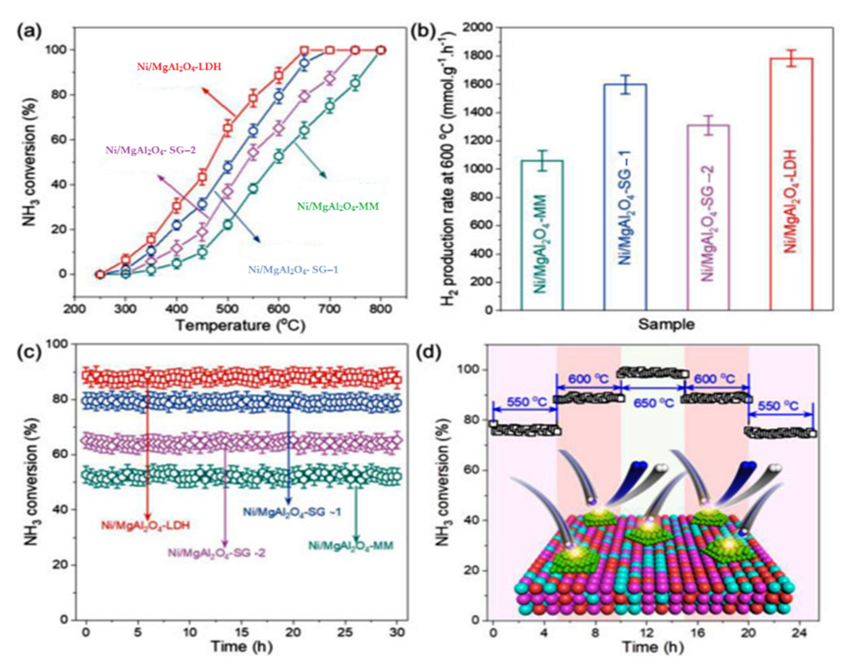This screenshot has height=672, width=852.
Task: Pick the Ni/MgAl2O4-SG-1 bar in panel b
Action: click(626, 197)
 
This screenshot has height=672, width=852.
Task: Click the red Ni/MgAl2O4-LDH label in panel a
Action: click(179, 67)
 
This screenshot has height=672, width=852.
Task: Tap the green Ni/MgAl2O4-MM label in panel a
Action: click(338, 206)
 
